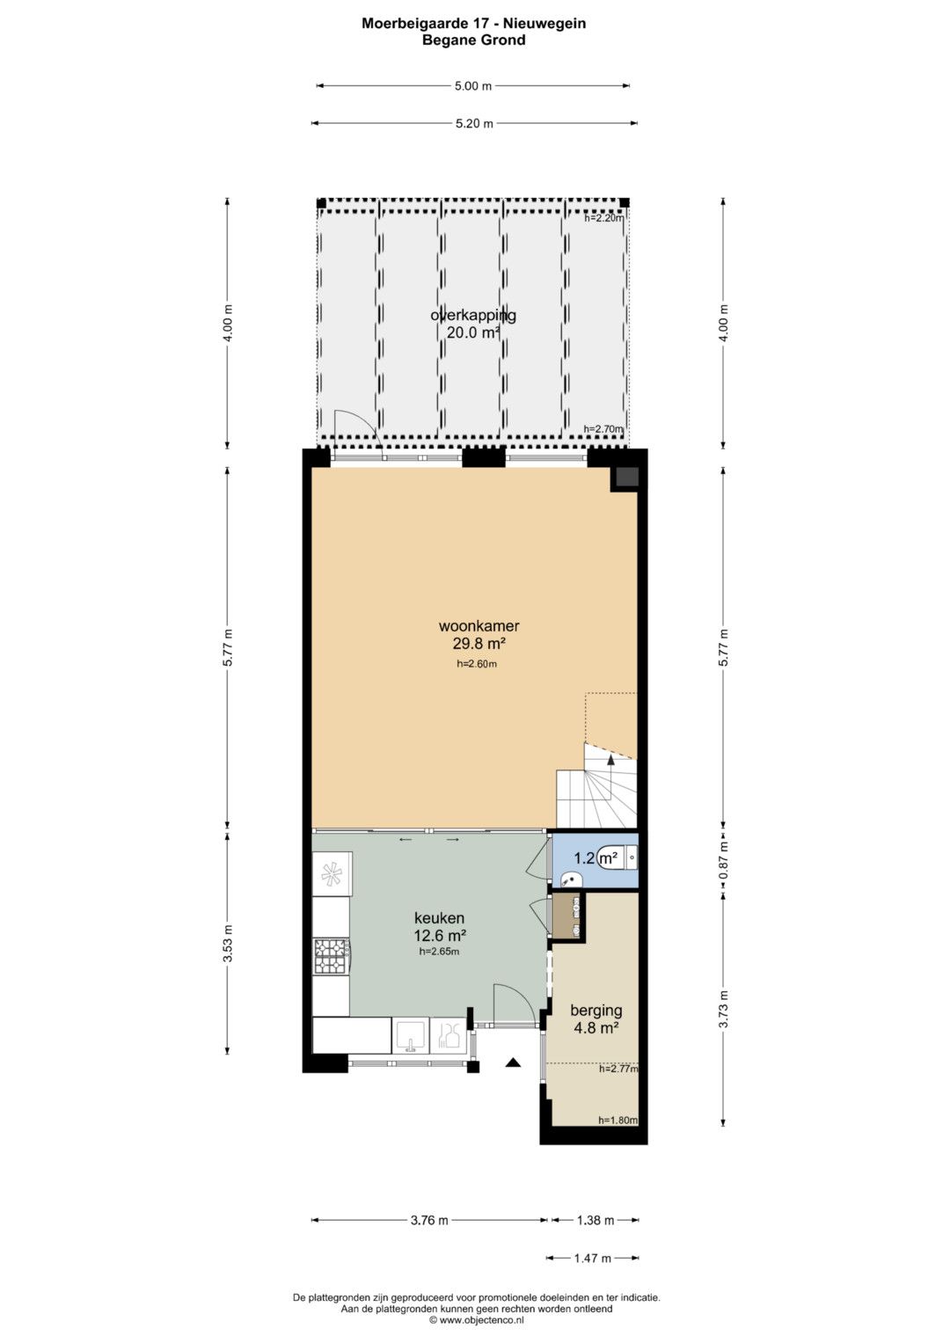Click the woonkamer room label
coord(479,626)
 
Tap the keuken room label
coord(439,917)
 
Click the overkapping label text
coord(473,316)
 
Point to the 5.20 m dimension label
coord(474,123)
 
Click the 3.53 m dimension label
coord(227,944)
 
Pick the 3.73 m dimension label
coord(723,1009)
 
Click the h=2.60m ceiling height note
coord(477,664)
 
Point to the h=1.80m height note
coord(617,1120)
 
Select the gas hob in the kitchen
coord(331,956)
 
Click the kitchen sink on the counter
coord(411,1034)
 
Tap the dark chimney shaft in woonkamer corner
coord(627,476)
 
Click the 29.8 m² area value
coord(479,644)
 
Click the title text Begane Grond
coord(474,40)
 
